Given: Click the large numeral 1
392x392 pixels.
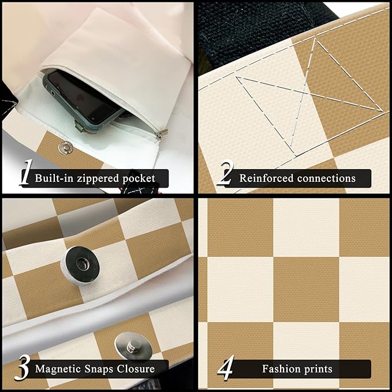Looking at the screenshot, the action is tap(26, 173).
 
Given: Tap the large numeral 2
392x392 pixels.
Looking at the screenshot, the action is tap(226, 173).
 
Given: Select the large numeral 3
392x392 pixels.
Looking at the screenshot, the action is tap(23, 368).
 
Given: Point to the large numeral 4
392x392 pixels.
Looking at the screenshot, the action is tap(226, 368).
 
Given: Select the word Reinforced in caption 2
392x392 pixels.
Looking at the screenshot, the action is tap(266, 178).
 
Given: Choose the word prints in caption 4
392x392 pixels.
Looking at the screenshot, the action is tap(318, 369).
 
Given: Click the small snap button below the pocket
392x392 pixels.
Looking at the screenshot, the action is tap(65, 147).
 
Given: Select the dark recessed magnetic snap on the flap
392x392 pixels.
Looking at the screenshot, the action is tap(80, 266).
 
